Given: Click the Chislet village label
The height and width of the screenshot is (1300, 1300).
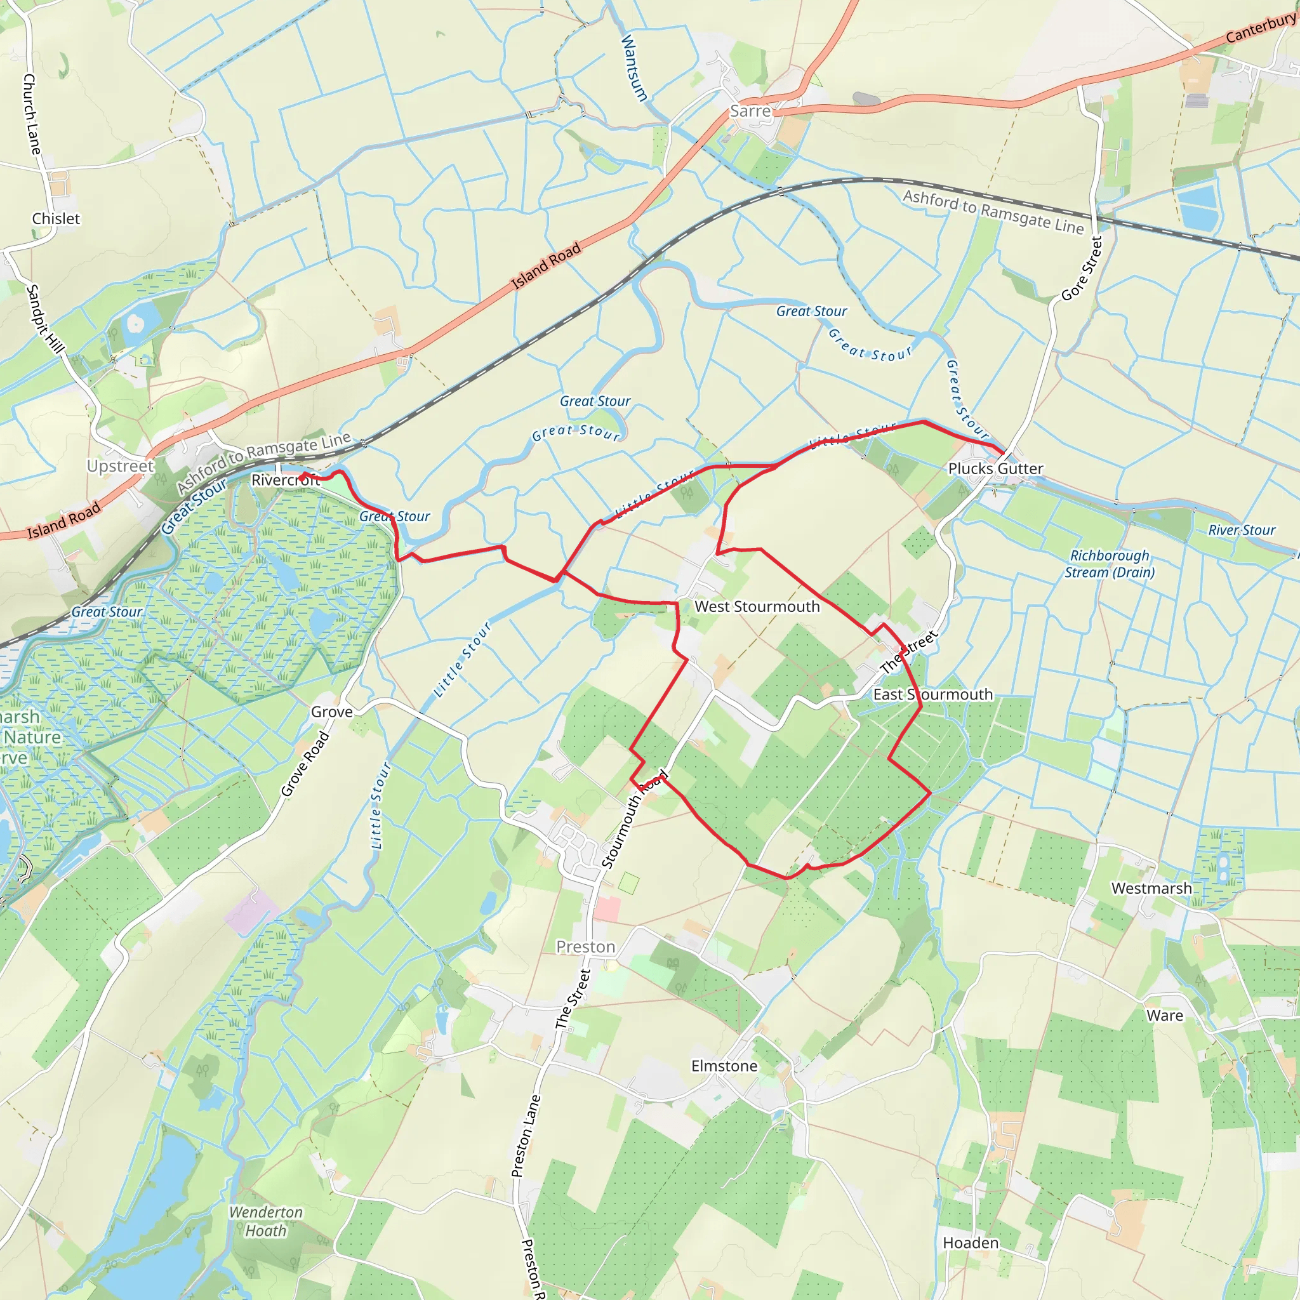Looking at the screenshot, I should click(x=56, y=219).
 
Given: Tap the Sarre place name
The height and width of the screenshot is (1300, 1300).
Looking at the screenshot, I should click(x=750, y=111).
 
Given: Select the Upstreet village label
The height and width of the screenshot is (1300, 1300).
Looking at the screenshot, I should click(x=121, y=466).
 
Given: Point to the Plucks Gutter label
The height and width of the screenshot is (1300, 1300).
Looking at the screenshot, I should click(x=995, y=468).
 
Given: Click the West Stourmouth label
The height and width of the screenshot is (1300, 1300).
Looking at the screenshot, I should click(x=757, y=606).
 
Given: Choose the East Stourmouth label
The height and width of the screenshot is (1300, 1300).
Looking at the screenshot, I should click(x=932, y=694).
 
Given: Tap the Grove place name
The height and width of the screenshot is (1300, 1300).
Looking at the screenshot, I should click(x=332, y=712).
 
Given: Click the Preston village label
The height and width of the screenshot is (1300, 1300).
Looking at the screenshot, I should click(x=585, y=946).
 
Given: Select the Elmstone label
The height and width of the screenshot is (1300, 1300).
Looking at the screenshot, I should click(x=724, y=1066).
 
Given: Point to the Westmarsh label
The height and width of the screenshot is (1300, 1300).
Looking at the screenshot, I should click(x=1151, y=888).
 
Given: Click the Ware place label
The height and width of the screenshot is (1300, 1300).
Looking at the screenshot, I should click(x=1165, y=1016).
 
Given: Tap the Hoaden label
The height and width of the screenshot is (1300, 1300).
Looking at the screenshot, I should click(x=971, y=1243).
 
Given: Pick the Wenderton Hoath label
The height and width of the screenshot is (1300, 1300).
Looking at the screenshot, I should click(x=266, y=1221).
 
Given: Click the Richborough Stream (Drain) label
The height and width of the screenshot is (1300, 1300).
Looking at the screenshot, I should click(x=1110, y=564).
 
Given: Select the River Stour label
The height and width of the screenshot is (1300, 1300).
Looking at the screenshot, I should click(x=1242, y=530).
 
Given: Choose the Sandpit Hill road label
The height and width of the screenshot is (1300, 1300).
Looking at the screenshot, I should click(x=44, y=319).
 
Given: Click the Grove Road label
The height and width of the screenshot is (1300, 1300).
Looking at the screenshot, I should click(x=305, y=764).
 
